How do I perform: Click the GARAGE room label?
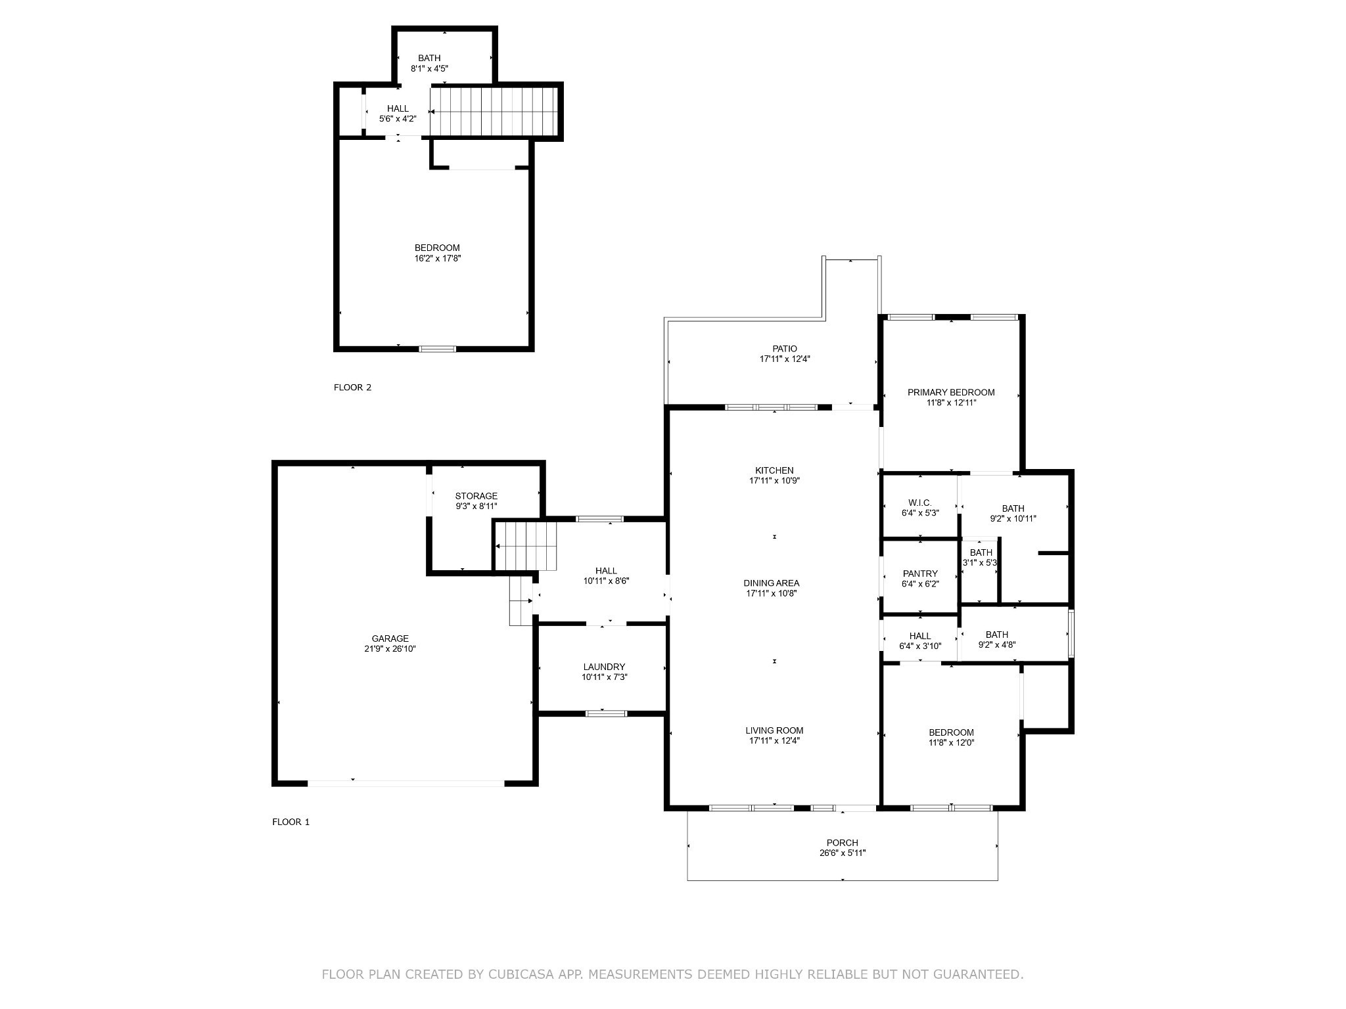coord(390,639)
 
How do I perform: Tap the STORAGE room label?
coord(476,496)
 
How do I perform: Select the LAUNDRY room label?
coord(604,667)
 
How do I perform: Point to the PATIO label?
coord(785,349)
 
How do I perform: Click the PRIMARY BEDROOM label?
coord(951,392)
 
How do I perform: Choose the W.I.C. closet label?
coord(920,503)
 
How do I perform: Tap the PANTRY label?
coord(920,573)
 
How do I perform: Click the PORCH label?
coord(843,843)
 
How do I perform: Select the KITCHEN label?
coord(774,470)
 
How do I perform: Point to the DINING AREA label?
coord(772,583)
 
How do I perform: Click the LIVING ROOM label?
coord(774,730)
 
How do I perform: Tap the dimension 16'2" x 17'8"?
coord(437,259)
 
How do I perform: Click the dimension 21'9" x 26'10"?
coord(390,649)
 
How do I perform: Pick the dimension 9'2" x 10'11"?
coord(1013,519)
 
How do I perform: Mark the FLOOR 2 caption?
coord(353,388)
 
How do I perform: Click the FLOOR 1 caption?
coord(291,822)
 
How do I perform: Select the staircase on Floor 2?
coord(494,111)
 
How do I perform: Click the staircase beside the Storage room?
coord(526,547)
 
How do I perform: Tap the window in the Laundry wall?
coord(606,713)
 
